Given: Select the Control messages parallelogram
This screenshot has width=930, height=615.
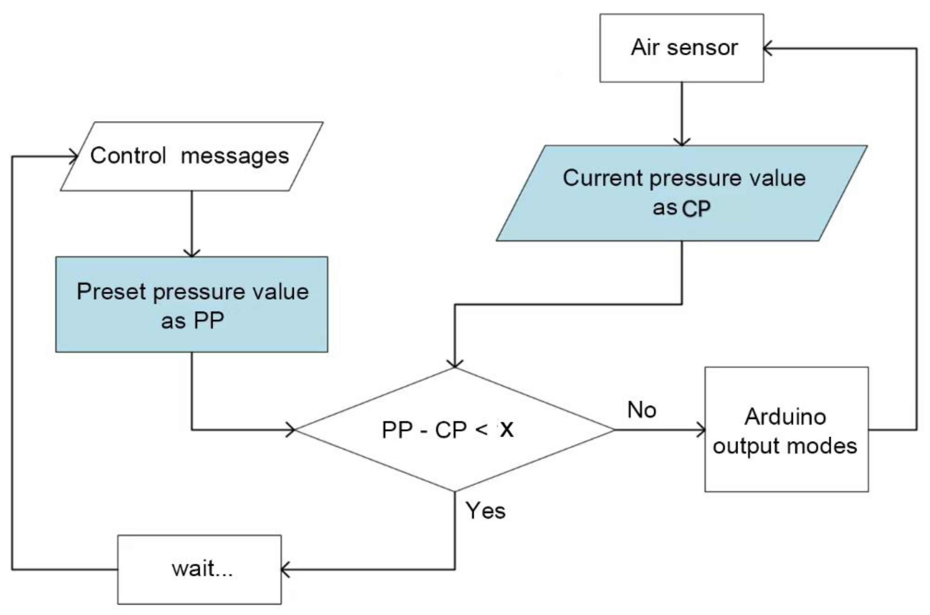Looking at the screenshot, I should (191, 156).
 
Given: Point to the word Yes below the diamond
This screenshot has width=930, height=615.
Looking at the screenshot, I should (485, 511).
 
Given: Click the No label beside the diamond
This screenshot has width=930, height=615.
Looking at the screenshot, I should (642, 410).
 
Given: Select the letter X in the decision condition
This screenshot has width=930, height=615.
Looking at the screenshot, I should (506, 430).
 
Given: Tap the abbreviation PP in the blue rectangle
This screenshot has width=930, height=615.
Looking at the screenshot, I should (209, 321).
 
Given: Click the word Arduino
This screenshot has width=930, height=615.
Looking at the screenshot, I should (785, 417).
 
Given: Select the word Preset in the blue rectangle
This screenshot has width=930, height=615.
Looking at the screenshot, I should (111, 292).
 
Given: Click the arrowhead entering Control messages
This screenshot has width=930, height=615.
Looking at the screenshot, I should (74, 157).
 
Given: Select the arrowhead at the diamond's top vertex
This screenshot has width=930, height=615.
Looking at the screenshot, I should (455, 364).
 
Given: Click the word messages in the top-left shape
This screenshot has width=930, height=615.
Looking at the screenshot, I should (235, 156).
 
